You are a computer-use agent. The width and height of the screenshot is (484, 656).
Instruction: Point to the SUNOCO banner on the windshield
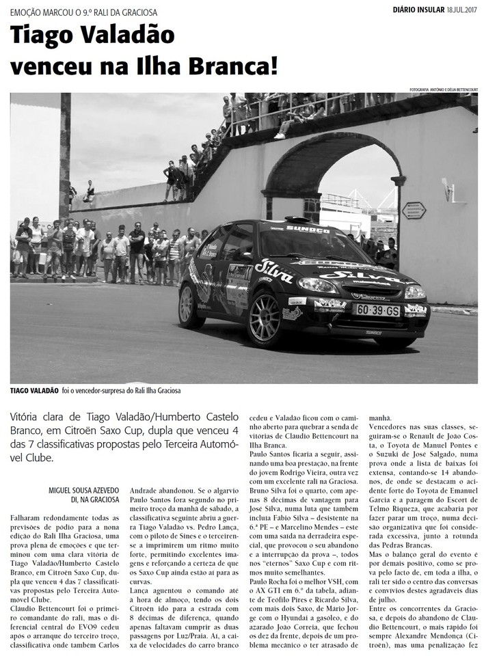pyautogui.click(x=307, y=230)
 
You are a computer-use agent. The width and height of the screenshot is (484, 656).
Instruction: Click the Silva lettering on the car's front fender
pyautogui.click(x=274, y=271)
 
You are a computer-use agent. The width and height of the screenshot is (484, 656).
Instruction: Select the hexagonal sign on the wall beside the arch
pyautogui.click(x=414, y=210)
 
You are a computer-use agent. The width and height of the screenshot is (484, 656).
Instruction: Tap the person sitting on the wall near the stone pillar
pyautogui.click(x=88, y=191)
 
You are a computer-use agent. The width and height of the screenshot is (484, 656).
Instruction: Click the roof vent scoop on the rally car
pyautogui.click(x=297, y=219)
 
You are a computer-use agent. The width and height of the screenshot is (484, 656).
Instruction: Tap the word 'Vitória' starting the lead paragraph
pyautogui.click(x=29, y=417)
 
